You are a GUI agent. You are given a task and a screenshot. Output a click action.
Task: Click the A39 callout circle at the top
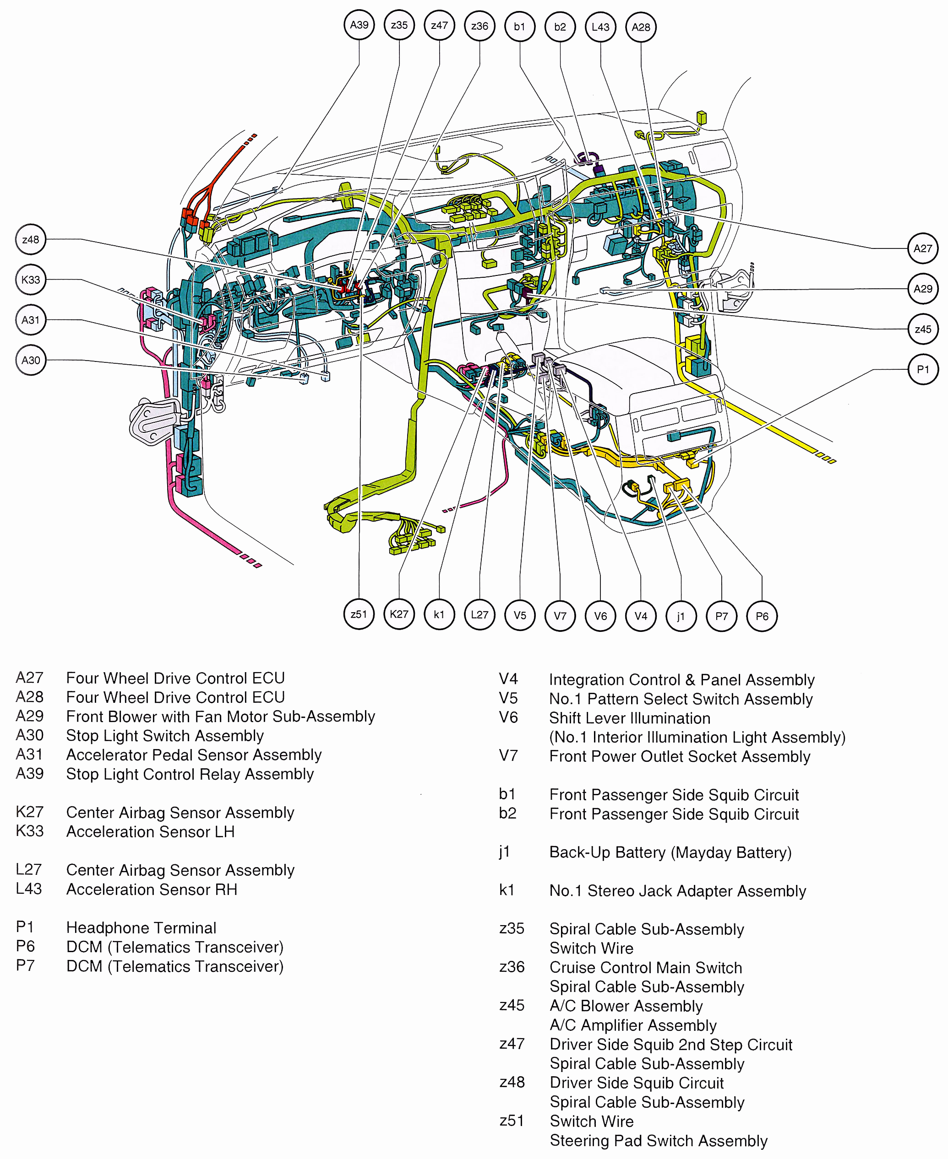tap(359, 25)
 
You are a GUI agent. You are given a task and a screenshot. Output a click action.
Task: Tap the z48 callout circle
tap(31, 240)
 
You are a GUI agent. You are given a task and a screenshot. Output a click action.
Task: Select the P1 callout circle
tap(922, 369)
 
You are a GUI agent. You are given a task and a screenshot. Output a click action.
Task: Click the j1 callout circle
tap(681, 616)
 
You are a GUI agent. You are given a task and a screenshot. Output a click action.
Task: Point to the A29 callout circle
tap(922, 289)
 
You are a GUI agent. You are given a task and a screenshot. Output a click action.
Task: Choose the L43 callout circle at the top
tap(600, 27)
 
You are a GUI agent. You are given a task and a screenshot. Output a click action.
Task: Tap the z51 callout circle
tap(359, 614)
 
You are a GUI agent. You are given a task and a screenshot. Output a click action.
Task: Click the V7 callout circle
tap(560, 616)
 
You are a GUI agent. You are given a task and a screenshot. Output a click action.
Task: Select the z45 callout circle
tap(922, 329)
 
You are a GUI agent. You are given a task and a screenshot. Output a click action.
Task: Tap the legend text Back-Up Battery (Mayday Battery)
tap(670, 852)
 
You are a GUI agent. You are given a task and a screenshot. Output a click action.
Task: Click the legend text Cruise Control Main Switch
tap(645, 967)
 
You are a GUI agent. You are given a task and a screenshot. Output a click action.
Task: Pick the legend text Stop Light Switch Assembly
tap(164, 736)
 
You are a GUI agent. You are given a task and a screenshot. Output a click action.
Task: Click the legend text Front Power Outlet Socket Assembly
tap(679, 756)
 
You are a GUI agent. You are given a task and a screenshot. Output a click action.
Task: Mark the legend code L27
tap(28, 869)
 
